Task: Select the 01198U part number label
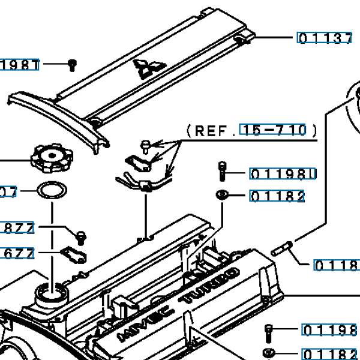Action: (x=282, y=175)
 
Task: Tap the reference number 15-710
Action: (x=273, y=130)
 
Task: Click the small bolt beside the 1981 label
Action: (x=72, y=64)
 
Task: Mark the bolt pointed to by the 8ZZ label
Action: (x=80, y=235)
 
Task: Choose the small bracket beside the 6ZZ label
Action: (x=74, y=254)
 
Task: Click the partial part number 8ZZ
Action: (x=19, y=228)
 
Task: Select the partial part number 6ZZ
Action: (x=19, y=253)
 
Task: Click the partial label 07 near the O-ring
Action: (x=8, y=192)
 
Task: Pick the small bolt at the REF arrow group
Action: (x=146, y=145)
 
